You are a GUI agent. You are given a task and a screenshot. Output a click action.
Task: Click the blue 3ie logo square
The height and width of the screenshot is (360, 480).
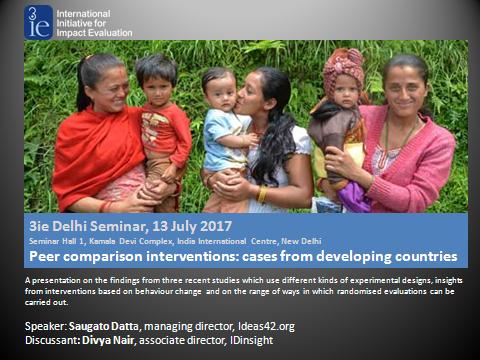39,20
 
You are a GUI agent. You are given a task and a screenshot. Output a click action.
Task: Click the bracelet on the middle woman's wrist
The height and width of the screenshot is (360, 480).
262,191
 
